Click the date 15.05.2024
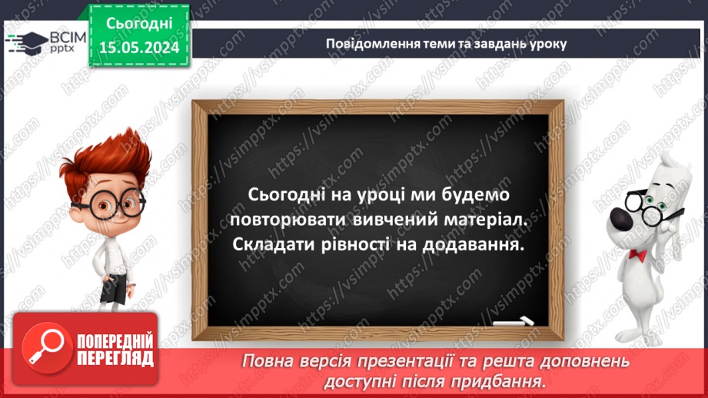[139, 48]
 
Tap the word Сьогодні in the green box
[139, 25]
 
